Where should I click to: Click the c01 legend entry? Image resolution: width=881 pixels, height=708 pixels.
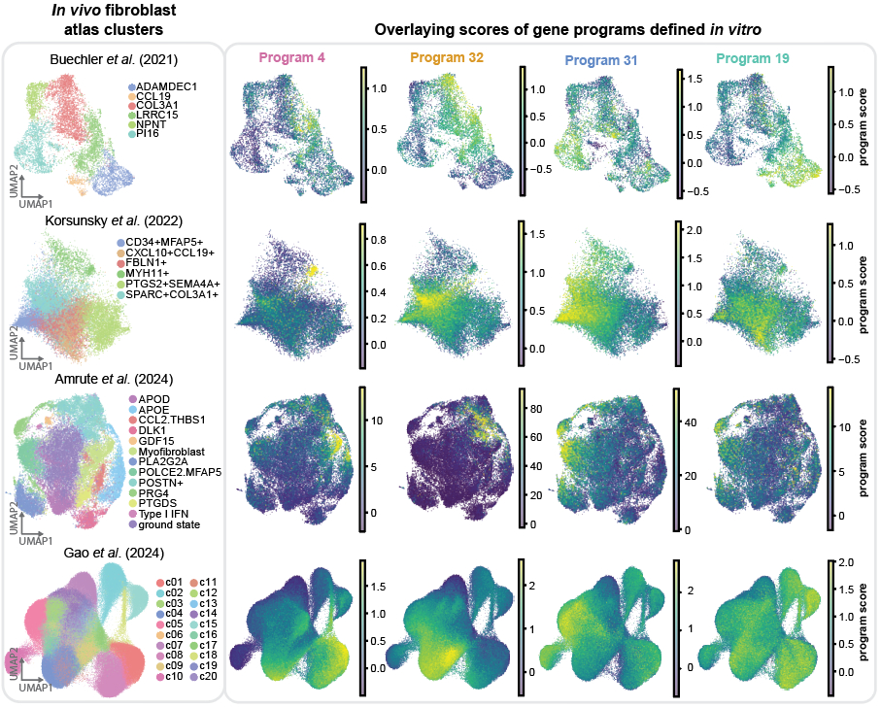pos(174,580)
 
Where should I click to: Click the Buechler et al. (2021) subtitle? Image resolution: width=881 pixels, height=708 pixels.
pos(113,60)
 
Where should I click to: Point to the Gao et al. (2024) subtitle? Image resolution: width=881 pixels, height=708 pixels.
pos(107,554)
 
